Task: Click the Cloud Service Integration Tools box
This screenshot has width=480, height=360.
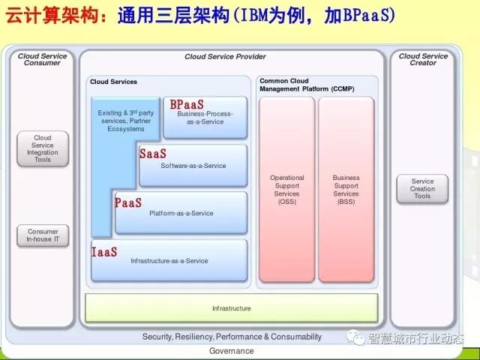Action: (43, 148)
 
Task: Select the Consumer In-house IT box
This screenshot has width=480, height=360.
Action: (43, 235)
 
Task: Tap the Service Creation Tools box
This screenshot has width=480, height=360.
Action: (422, 188)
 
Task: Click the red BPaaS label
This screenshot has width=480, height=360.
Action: (187, 105)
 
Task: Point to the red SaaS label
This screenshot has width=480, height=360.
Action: (153, 154)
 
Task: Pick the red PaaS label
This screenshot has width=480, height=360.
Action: (128, 202)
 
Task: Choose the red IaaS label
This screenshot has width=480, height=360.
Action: (104, 252)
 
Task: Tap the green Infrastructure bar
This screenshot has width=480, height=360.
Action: (231, 308)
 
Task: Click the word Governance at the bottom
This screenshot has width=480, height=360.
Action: (231, 351)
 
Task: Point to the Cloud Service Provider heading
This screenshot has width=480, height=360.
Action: (225, 57)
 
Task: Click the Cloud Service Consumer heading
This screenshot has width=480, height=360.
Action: (43, 59)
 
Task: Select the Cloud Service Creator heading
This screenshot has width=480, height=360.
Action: (423, 59)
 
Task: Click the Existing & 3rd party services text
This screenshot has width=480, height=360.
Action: (126, 120)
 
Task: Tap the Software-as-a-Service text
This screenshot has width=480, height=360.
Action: (193, 166)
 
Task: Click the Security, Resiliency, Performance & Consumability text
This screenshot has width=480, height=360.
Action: (232, 337)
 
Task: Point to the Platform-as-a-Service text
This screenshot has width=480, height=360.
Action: (181, 214)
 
